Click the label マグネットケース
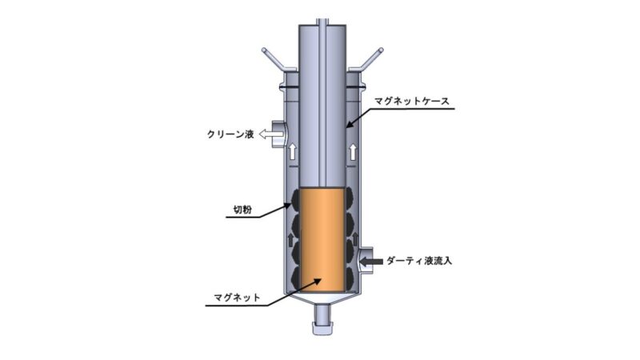pyautogui.click(x=412, y=101)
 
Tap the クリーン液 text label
pyautogui.click(x=230, y=134)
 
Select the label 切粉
pyautogui.click(x=242, y=210)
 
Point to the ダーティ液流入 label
pyautogui.click(x=419, y=261)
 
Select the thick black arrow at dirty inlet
pyautogui.click(x=372, y=261)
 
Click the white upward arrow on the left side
pyautogui.click(x=292, y=151)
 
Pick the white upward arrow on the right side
pyautogui.click(x=353, y=151)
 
